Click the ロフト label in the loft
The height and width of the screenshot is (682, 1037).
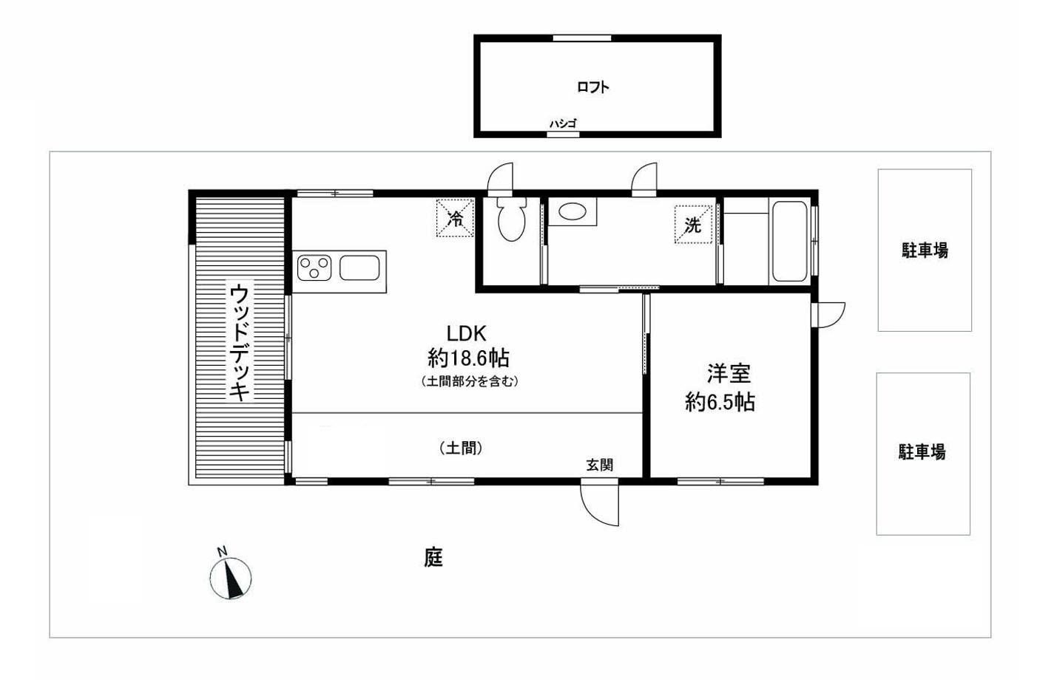[593, 87]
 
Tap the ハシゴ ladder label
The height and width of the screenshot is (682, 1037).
[563, 123]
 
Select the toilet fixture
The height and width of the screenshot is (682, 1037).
[512, 219]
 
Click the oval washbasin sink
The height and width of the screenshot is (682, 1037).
[572, 211]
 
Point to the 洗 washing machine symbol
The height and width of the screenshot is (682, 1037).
[693, 225]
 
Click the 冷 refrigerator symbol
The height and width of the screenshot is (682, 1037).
[456, 218]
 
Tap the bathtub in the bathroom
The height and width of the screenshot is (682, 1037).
[790, 241]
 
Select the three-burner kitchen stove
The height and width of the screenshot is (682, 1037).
[314, 267]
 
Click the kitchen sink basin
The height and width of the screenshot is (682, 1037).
[359, 267]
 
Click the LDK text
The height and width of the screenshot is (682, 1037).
[466, 333]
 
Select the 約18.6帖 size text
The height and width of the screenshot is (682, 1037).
[468, 358]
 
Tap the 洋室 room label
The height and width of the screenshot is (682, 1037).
[729, 374]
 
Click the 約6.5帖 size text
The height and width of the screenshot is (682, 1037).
[720, 402]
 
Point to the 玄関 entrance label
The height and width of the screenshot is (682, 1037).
[600, 465]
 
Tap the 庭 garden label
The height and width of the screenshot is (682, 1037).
[433, 557]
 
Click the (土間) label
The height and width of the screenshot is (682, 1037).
[461, 448]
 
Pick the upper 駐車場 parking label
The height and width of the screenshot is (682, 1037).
[925, 250]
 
